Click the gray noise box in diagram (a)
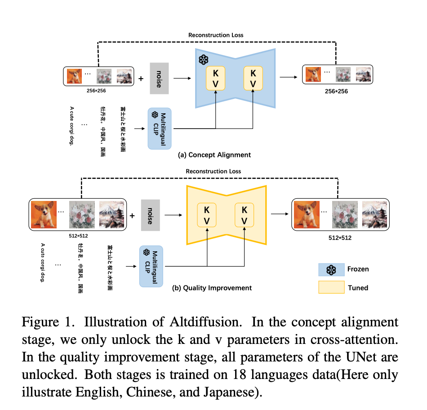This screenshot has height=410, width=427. pos(159,79)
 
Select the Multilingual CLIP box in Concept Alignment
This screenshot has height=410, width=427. pos(160,129)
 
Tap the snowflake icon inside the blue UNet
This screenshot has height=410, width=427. pos(204,60)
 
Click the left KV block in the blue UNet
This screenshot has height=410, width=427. pos(216,78)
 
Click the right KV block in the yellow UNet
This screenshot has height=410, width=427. pos(245,215)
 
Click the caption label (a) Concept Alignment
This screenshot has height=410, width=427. pos(214,155)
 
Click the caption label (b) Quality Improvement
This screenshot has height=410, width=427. pos(212,288)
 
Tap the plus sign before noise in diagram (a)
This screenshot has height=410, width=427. pos(141,79)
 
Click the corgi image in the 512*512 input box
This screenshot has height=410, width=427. pos(45,214)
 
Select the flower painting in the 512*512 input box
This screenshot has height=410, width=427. pos(82,214)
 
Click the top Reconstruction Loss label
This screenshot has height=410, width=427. pos(216,35)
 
